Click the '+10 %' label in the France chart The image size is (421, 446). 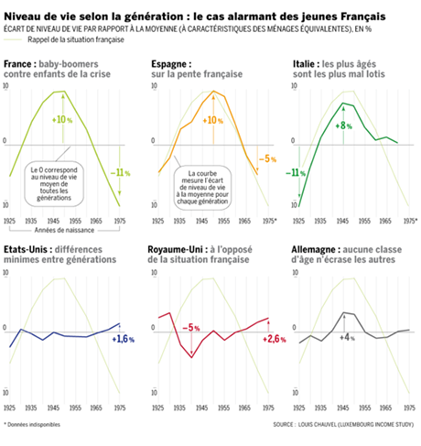coord(63,120)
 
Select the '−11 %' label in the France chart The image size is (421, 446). coord(121,170)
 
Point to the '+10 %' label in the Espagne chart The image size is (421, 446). coord(212,120)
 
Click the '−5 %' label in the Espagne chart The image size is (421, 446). coord(266,158)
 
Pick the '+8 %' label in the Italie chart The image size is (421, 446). coord(346,125)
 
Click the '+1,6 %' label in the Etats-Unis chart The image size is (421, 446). coord(122,339)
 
